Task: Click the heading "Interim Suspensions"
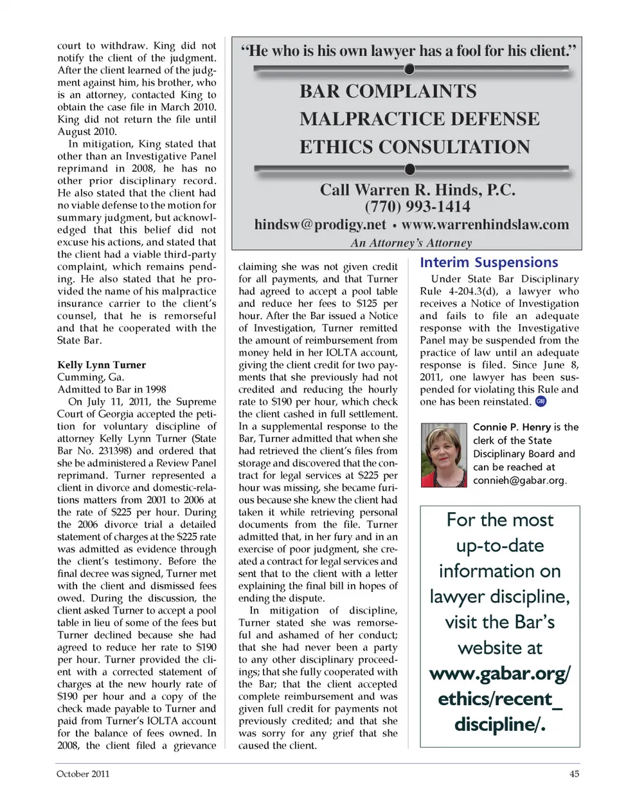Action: click(x=488, y=262)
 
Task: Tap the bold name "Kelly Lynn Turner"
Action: click(x=101, y=365)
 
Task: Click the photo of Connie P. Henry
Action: click(x=443, y=455)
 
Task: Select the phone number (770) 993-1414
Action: click(x=417, y=207)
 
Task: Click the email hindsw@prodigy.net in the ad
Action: click(x=320, y=225)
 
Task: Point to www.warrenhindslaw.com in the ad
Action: click(x=485, y=225)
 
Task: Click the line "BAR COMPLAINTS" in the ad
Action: click(x=388, y=91)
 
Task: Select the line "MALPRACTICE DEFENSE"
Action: click(x=419, y=119)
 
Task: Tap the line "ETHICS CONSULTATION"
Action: click(x=415, y=147)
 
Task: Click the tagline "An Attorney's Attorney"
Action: click(x=411, y=243)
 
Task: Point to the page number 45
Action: click(x=574, y=774)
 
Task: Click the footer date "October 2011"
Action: click(x=83, y=774)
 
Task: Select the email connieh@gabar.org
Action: click(x=519, y=481)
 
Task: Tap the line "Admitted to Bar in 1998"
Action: click(x=111, y=389)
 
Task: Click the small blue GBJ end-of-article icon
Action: click(x=541, y=401)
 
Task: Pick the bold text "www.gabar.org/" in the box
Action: click(x=499, y=674)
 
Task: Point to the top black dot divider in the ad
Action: click(x=409, y=69)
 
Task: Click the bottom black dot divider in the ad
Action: click(x=409, y=169)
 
